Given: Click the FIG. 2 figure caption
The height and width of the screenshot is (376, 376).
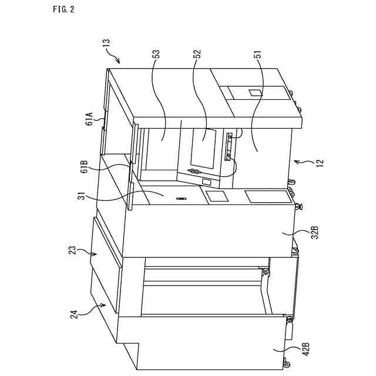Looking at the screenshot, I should coord(63,9).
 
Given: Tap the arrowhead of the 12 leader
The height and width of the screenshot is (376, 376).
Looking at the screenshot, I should coord(296,160).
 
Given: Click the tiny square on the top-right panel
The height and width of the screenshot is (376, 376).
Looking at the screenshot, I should coord(255,92).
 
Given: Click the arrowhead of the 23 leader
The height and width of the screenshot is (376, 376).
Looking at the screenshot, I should coord(95,255).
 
